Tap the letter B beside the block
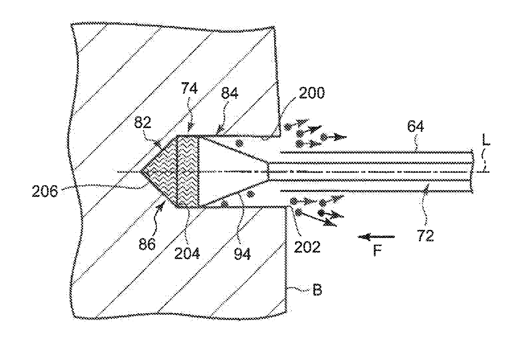tap(317, 289)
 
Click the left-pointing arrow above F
tap(376, 237)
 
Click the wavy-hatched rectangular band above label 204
tap(189, 171)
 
